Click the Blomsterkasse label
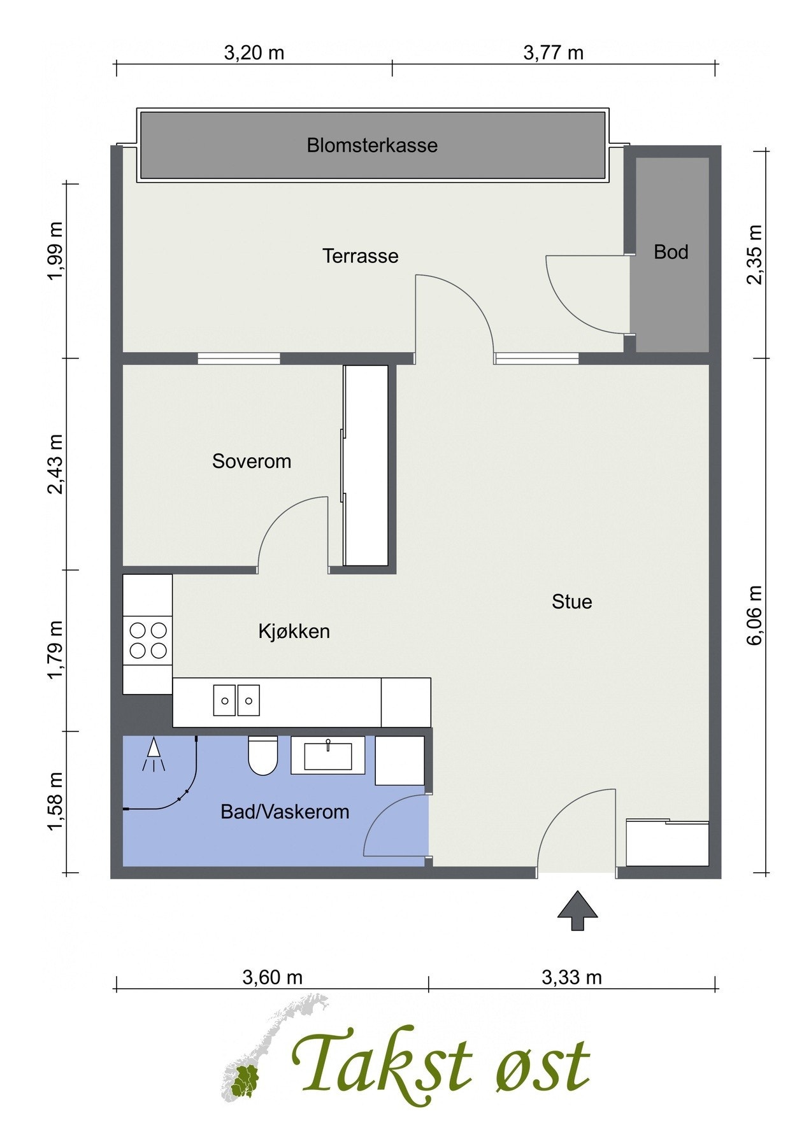(372, 145)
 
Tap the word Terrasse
(360, 256)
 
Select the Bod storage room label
(671, 252)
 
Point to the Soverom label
(252, 461)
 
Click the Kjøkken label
(294, 632)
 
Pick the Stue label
(571, 602)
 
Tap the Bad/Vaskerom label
(285, 812)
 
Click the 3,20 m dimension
(254, 53)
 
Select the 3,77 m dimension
(553, 53)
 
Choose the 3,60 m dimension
(272, 977)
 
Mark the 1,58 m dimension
(55, 802)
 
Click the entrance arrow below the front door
(577, 910)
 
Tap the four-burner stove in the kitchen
(148, 640)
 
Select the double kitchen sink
(236, 700)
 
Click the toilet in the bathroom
(262, 756)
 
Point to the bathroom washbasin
(328, 756)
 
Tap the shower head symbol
(153, 755)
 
